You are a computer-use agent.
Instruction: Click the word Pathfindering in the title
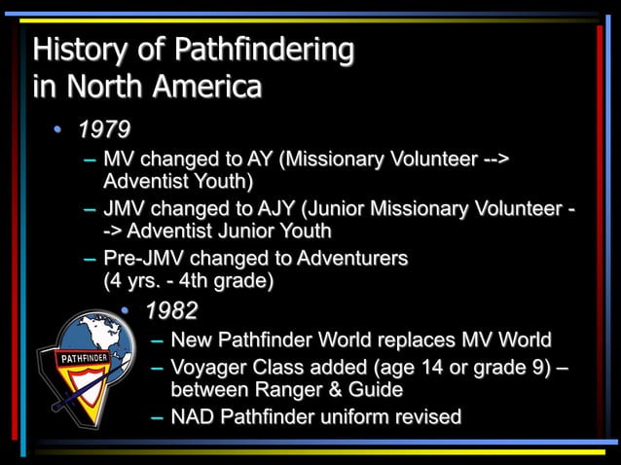pyautogui.click(x=264, y=49)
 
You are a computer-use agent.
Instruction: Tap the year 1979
pyautogui.click(x=103, y=129)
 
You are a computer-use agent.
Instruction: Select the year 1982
pyautogui.click(x=171, y=311)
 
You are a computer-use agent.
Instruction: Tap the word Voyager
pyautogui.click(x=208, y=368)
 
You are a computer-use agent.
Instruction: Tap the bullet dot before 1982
pyautogui.click(x=126, y=311)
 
